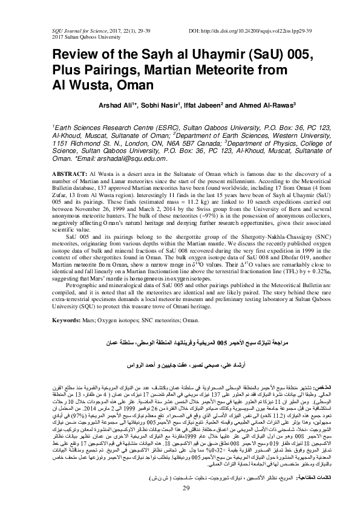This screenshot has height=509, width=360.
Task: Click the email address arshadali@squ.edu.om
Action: (137, 158)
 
